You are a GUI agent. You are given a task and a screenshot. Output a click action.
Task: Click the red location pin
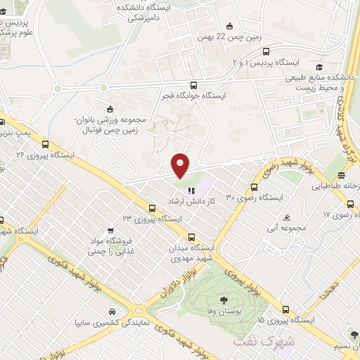[x=181, y=164]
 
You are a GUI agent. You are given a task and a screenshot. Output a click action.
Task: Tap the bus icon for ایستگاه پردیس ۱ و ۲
[x=265, y=51]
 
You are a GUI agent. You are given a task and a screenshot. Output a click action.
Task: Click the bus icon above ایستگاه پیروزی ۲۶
[x=46, y=143]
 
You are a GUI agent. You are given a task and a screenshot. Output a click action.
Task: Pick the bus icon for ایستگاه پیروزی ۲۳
[x=152, y=207]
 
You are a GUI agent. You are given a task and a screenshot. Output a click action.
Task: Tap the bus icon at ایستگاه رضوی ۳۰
[x=255, y=187]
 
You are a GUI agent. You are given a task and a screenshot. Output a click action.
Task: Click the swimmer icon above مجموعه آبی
[x=286, y=217]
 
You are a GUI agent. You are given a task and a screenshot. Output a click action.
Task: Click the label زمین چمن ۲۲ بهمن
[x=224, y=37]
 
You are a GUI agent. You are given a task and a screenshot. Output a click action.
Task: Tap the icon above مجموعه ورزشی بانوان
[x=108, y=109]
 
